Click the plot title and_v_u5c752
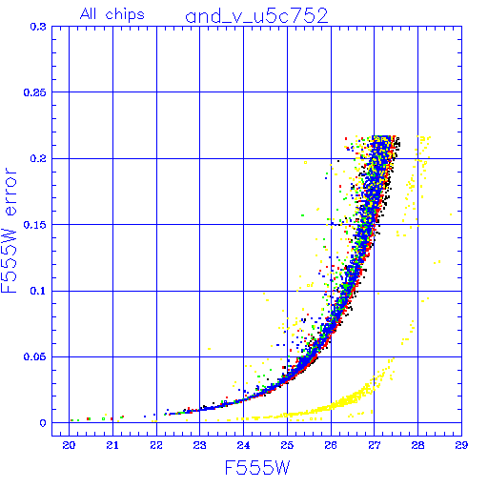click(x=256, y=16)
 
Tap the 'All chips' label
click(x=112, y=14)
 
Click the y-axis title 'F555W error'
click(x=9, y=230)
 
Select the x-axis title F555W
click(x=257, y=468)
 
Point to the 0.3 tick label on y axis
click(x=38, y=27)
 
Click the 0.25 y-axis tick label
click(x=35, y=92)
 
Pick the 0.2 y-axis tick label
click(x=38, y=158)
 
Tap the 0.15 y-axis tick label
click(x=35, y=225)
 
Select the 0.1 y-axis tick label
click(x=38, y=291)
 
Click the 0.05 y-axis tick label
click(x=35, y=356)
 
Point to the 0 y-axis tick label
click(x=43, y=423)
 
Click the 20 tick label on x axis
click(x=69, y=445)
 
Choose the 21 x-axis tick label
click(x=112, y=445)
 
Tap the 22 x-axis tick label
click(x=156, y=445)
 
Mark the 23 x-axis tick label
click(x=200, y=445)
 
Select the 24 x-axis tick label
click(x=243, y=445)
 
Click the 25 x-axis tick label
click(x=287, y=445)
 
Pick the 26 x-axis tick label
click(x=331, y=445)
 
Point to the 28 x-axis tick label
click(x=417, y=445)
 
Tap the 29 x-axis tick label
click(x=461, y=445)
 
